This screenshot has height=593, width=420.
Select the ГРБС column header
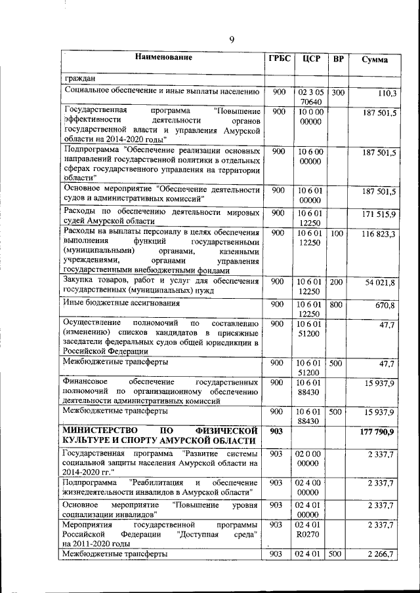[x=279, y=58]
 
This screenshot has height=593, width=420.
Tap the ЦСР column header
[x=311, y=59]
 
